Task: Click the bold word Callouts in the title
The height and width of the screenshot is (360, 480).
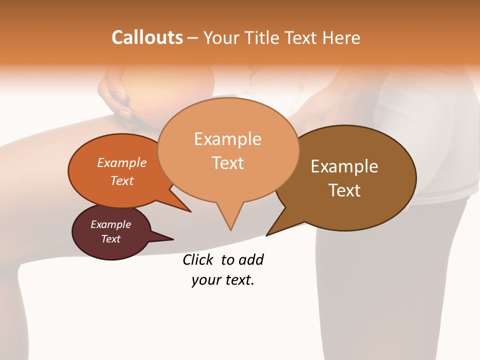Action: click(x=147, y=37)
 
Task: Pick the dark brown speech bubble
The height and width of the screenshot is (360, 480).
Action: click(x=350, y=178)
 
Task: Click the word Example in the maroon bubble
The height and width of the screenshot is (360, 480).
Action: click(x=110, y=224)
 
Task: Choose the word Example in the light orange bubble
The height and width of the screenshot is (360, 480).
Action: click(x=227, y=139)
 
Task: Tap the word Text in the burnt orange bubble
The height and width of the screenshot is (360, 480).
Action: click(x=122, y=180)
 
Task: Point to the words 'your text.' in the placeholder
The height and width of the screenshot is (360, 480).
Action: click(x=223, y=280)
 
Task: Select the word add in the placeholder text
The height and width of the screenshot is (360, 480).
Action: click(x=251, y=259)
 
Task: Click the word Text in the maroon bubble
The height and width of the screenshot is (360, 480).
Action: click(x=111, y=239)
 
